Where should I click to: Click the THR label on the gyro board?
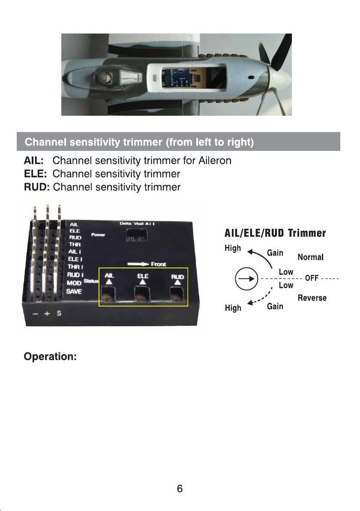tap(75, 244)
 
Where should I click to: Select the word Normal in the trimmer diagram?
tap(310, 257)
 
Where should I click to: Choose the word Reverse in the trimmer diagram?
tap(312, 298)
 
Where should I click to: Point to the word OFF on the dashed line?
tap(311, 278)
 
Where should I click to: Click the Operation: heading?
tap(50, 357)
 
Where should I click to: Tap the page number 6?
tap(180, 489)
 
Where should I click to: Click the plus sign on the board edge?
tap(47, 313)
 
